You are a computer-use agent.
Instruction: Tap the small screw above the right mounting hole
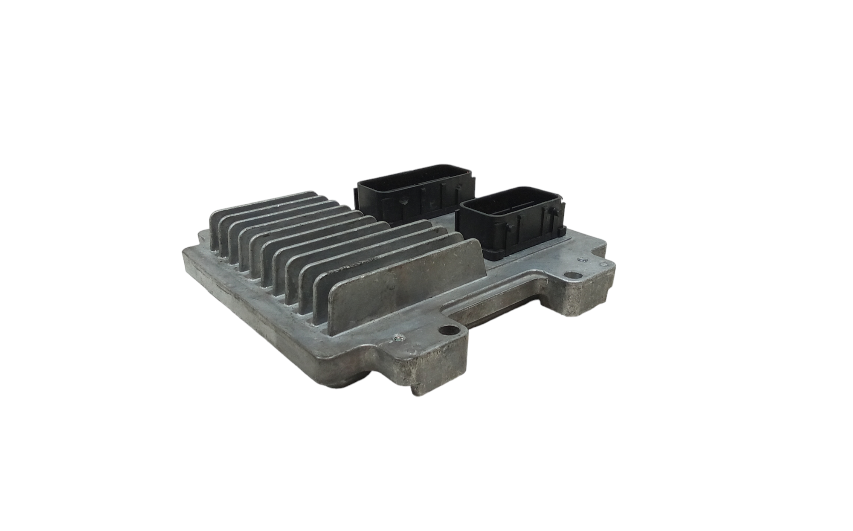(580, 259)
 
